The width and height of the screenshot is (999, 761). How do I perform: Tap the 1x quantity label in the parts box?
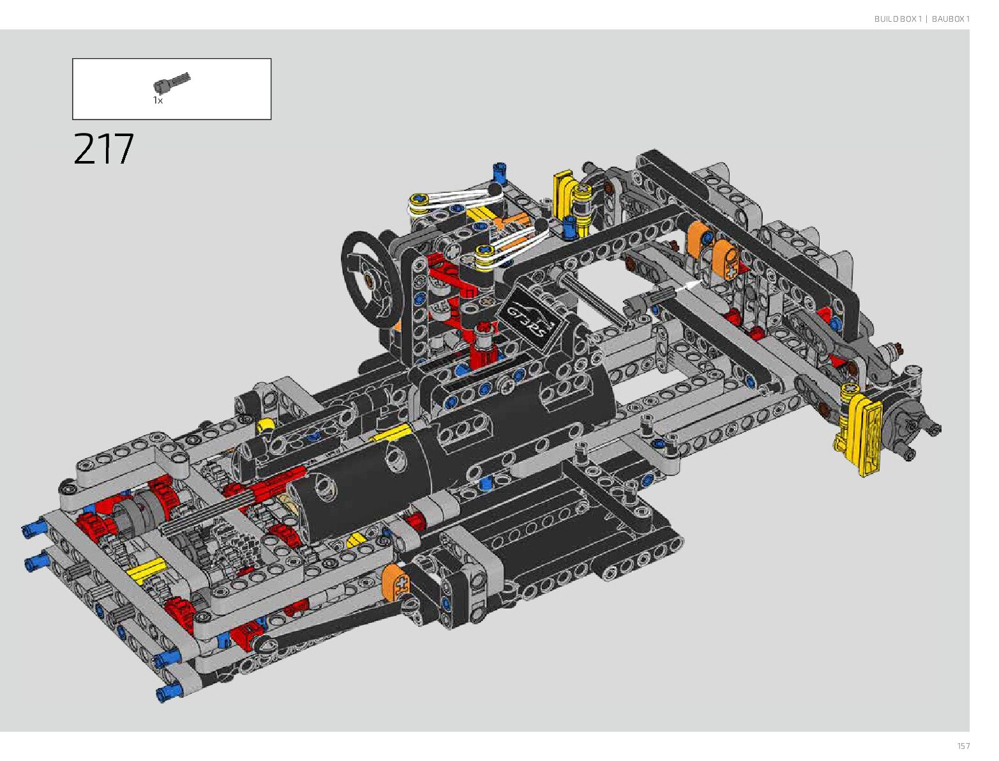click(158, 100)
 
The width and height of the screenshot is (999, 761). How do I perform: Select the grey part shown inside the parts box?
click(172, 82)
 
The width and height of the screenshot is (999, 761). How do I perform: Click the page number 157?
click(963, 746)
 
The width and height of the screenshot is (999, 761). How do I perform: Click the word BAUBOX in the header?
click(947, 19)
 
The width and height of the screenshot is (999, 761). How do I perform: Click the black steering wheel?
click(370, 279)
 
